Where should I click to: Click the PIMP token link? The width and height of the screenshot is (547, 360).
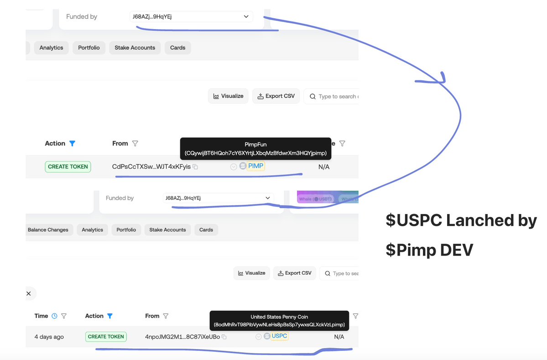point(256,166)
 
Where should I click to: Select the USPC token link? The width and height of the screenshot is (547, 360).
point(279,336)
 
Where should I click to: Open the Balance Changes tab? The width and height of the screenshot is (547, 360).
point(48,230)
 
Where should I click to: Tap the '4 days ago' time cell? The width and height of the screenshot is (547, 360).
point(49,337)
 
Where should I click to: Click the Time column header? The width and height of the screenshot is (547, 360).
point(42,316)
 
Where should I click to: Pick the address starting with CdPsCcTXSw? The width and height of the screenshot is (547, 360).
point(151,167)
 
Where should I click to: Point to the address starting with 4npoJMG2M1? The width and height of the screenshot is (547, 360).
point(182,337)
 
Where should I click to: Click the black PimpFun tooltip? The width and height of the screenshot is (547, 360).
point(255,148)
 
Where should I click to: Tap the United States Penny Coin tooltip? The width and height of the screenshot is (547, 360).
point(279,321)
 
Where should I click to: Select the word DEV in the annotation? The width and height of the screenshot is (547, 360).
point(453,250)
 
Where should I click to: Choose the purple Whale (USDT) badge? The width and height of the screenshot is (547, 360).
point(315,199)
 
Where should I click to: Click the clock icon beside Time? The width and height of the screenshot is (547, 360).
point(54,316)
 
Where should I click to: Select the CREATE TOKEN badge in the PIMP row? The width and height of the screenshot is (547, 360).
point(68,167)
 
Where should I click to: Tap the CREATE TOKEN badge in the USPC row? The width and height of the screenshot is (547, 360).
point(106,337)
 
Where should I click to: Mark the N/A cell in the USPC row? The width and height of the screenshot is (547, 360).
point(339,337)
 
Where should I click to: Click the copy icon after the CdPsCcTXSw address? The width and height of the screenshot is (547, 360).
point(195,167)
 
